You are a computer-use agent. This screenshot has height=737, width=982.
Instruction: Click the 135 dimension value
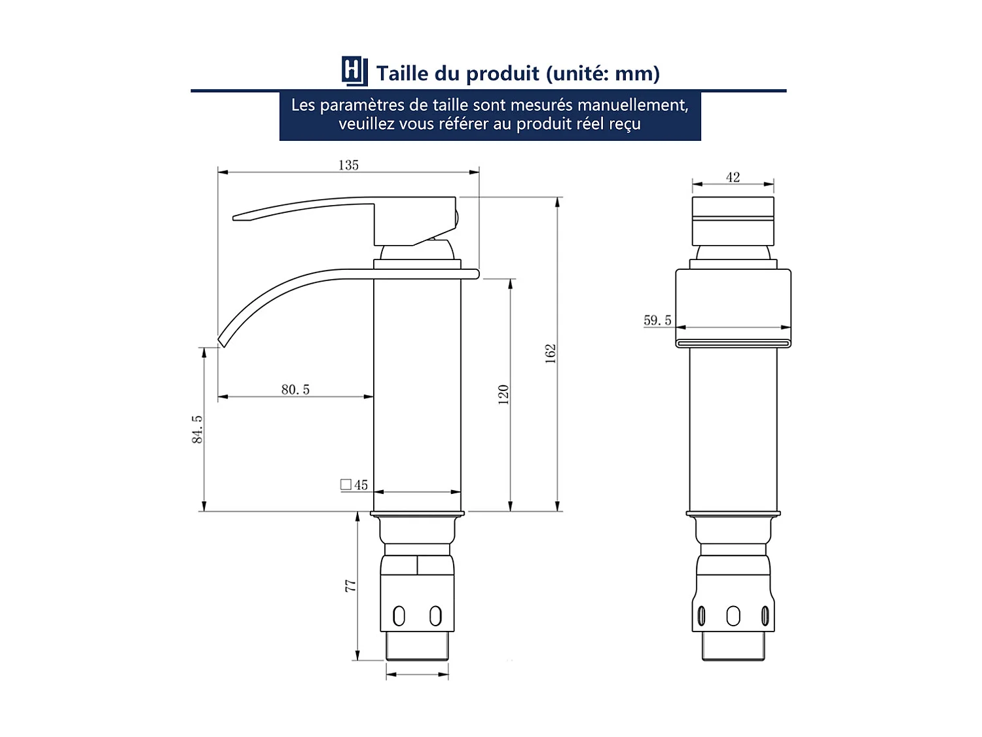[x=348, y=165]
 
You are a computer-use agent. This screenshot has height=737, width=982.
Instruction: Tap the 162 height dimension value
[x=551, y=353]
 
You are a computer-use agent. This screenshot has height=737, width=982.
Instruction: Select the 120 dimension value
[x=503, y=394]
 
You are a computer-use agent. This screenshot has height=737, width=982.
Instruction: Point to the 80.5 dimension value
[x=295, y=389]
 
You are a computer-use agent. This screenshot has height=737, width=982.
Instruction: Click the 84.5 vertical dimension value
[x=197, y=429]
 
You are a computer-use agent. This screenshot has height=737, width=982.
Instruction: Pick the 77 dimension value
[x=351, y=586]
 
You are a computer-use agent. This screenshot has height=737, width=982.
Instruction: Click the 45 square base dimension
[x=361, y=485]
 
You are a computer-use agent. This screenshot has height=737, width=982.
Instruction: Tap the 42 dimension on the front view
[x=733, y=177]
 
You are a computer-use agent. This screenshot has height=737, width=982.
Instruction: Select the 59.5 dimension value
[x=657, y=320]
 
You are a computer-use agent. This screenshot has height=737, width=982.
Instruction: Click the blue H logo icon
[x=354, y=71]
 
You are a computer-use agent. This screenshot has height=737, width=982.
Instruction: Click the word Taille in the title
[x=403, y=73]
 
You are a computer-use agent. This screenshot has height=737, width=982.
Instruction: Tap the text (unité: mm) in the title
[x=602, y=73]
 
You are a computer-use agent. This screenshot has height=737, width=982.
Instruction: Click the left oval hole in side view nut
[x=399, y=616]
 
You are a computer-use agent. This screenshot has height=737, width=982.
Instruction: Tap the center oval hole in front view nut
[x=733, y=616]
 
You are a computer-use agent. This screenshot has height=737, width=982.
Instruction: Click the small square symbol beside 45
[x=346, y=485]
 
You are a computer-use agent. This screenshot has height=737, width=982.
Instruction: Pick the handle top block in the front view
[x=733, y=221]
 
